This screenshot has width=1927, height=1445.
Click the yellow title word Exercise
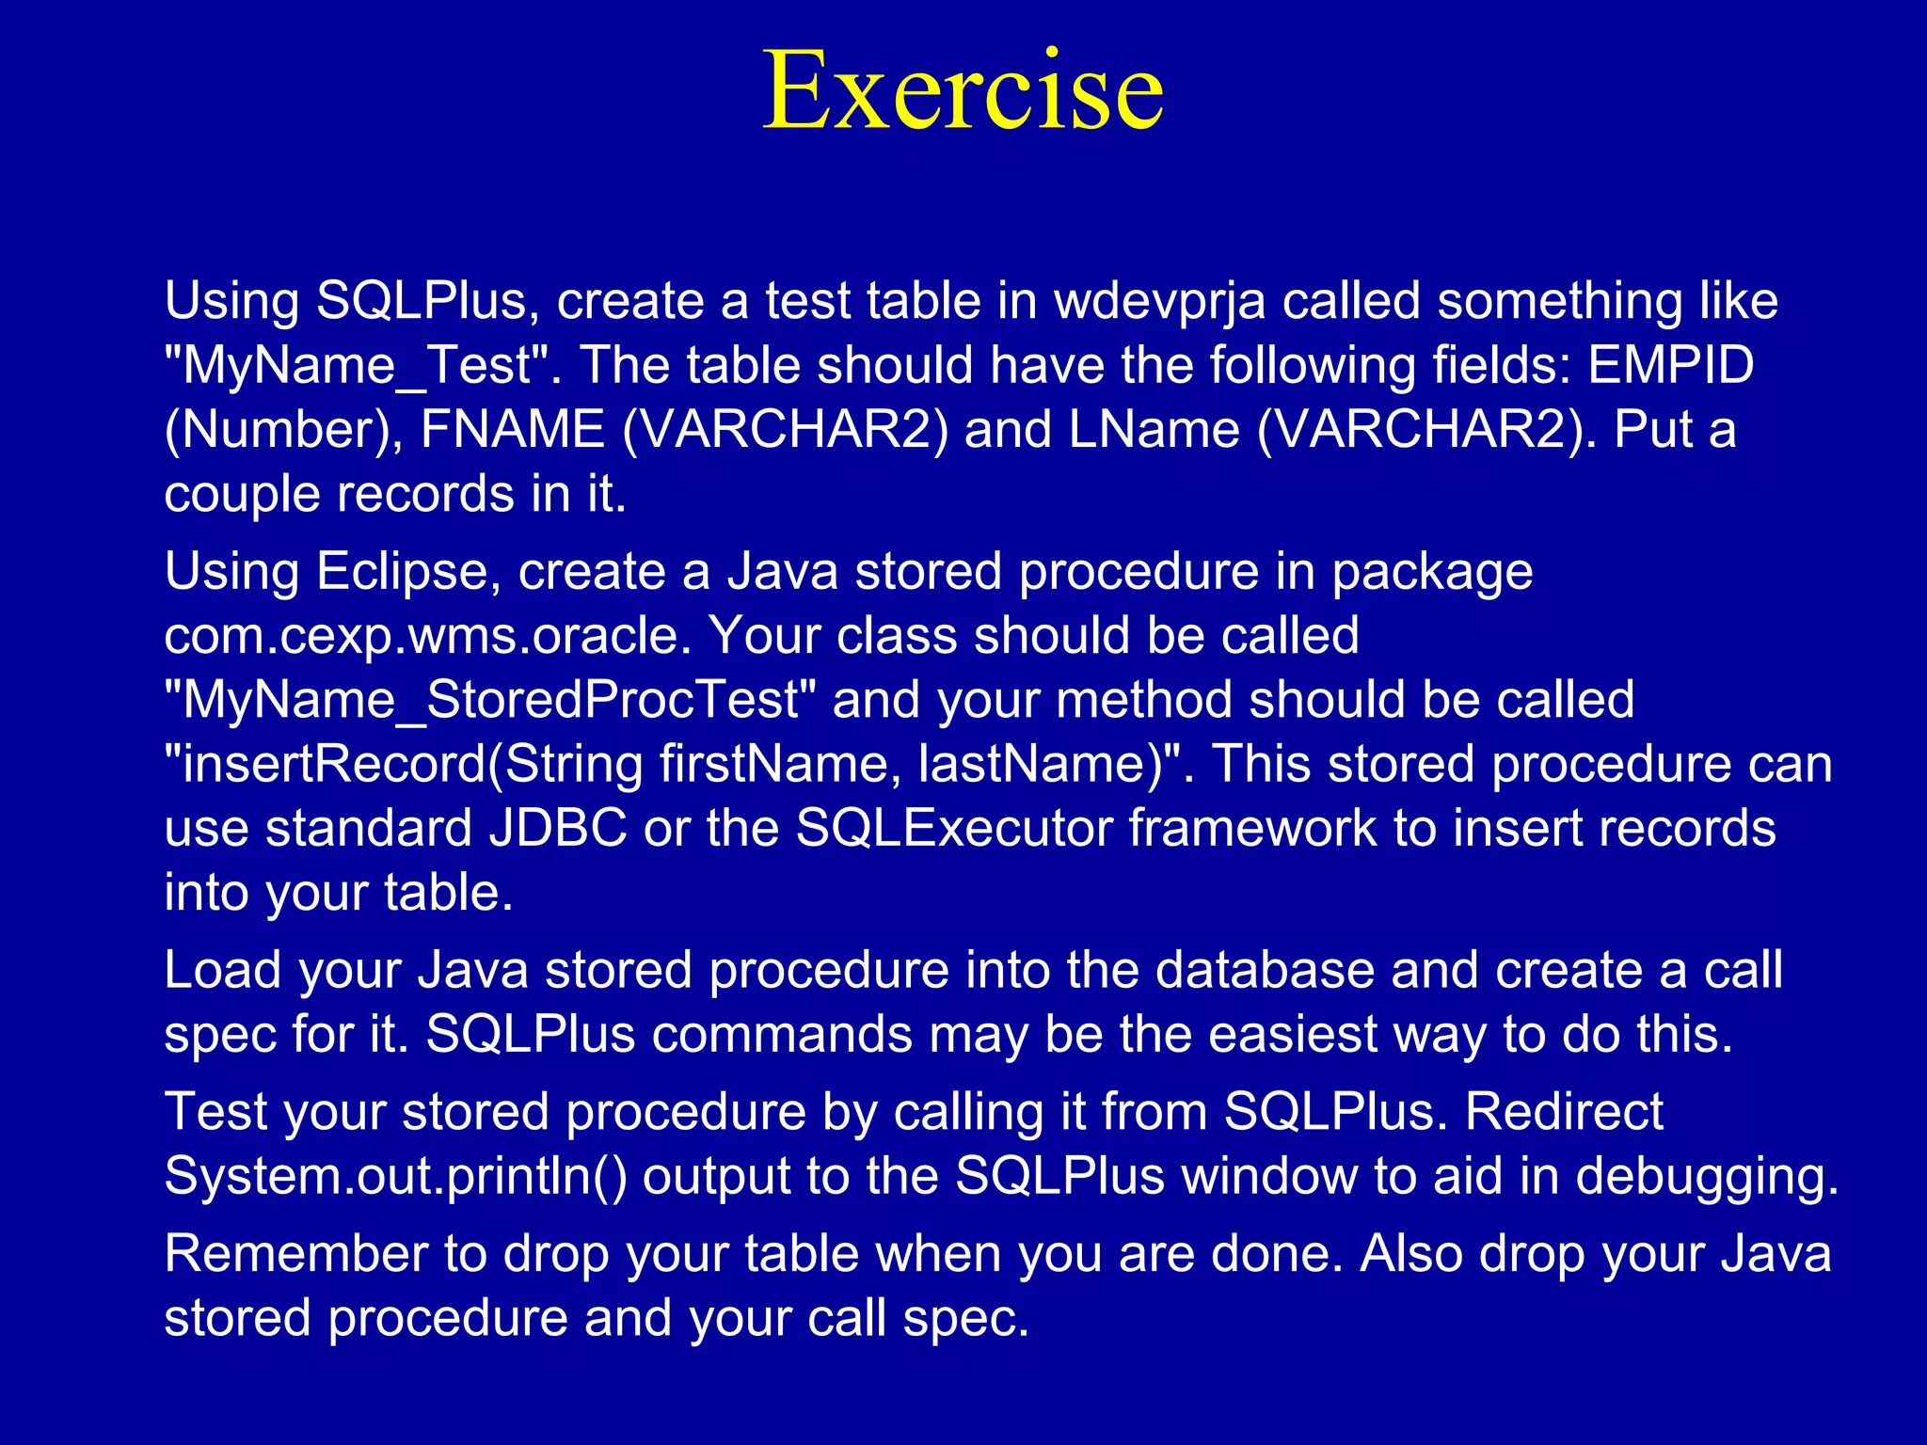pyautogui.click(x=963, y=91)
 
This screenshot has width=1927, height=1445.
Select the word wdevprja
pyautogui.click(x=1159, y=301)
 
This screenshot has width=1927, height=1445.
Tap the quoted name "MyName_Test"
pyautogui.click(x=362, y=365)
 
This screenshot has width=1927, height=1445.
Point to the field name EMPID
pyautogui.click(x=1671, y=365)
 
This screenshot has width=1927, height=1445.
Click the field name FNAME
pyautogui.click(x=512, y=430)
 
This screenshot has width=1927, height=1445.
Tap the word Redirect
pyautogui.click(x=1564, y=1111)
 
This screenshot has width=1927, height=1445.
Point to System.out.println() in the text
pyautogui.click(x=395, y=1176)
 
